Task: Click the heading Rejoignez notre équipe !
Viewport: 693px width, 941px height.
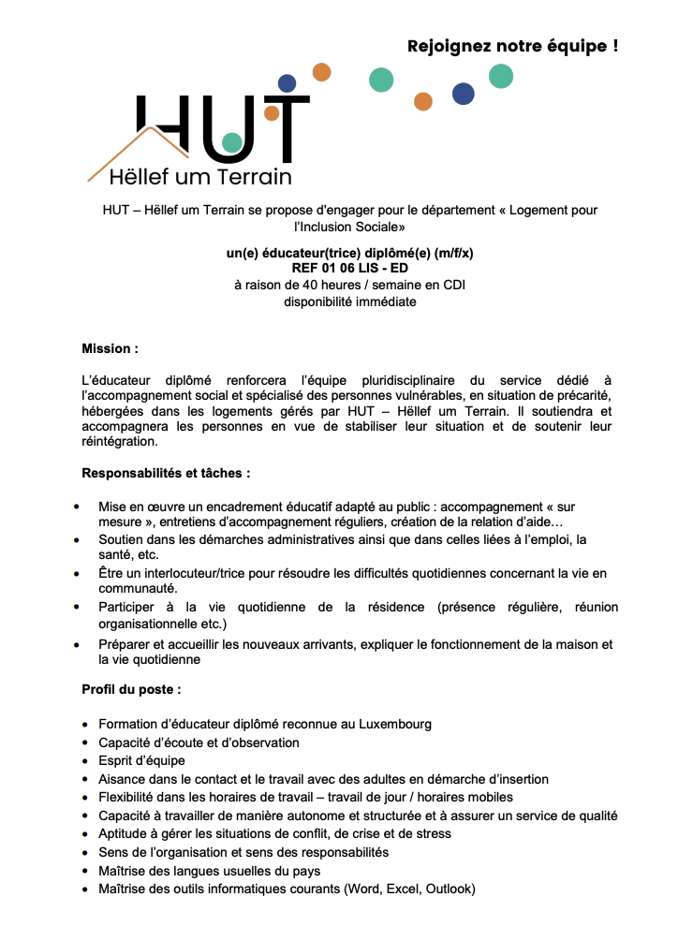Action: pos(512,45)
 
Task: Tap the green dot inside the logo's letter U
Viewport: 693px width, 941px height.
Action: pos(232,143)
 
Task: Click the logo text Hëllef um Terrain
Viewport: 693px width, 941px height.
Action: pos(200,176)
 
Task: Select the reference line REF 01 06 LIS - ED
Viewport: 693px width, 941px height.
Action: pos(349,269)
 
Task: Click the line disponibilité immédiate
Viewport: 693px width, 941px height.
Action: pos(349,301)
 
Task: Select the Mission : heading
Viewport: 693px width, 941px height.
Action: pos(110,348)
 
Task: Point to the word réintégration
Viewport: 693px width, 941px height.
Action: pos(120,441)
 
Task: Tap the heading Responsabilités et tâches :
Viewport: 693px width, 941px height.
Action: pos(166,473)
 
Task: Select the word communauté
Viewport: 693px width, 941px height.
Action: pos(138,588)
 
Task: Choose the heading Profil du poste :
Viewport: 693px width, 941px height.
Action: pos(131,690)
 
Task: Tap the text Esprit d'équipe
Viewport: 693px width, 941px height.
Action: pos(141,760)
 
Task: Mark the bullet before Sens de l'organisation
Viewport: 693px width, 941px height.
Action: pos(86,852)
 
